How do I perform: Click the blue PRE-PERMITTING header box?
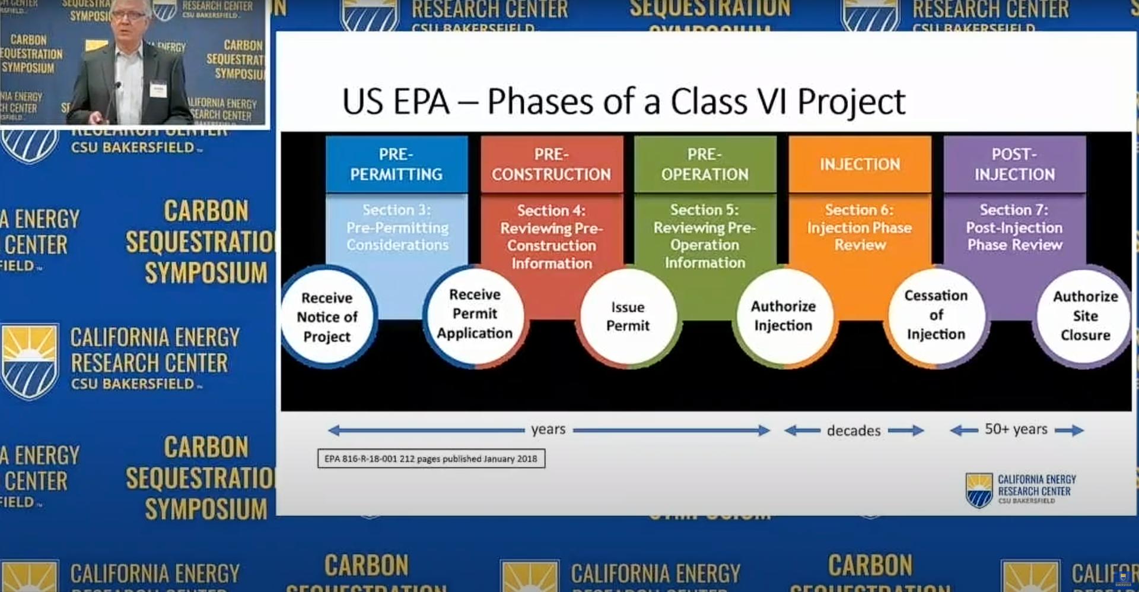click(396, 164)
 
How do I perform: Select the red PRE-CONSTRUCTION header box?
click(551, 164)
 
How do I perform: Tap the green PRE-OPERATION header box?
click(705, 164)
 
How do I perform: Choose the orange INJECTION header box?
click(860, 164)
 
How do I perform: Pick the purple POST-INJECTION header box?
click(1014, 164)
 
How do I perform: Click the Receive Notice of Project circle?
click(327, 317)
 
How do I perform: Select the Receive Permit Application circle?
click(475, 314)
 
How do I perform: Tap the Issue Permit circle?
click(628, 316)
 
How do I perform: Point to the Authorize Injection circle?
click(783, 316)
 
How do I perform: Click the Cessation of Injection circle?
click(936, 315)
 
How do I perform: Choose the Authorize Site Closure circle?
click(1085, 316)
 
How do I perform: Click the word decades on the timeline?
click(854, 430)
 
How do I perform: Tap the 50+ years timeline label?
click(1016, 429)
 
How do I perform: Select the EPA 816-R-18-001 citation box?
click(431, 459)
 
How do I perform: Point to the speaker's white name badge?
click(158, 89)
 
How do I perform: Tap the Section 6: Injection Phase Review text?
click(860, 227)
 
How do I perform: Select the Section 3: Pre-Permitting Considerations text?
click(397, 227)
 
